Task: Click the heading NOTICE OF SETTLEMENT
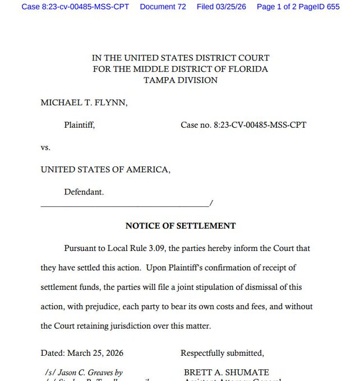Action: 180,226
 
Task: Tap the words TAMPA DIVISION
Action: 180,80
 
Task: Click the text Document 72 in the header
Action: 163,7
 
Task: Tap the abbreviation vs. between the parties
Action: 45,147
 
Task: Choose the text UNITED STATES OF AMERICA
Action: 105,169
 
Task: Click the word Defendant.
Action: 84,192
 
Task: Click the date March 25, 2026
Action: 95,353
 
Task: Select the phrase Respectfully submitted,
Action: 222,353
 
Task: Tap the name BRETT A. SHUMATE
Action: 227,372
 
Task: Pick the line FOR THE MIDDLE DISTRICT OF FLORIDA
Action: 180,69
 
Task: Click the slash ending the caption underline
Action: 210,202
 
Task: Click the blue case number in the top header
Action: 76,7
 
